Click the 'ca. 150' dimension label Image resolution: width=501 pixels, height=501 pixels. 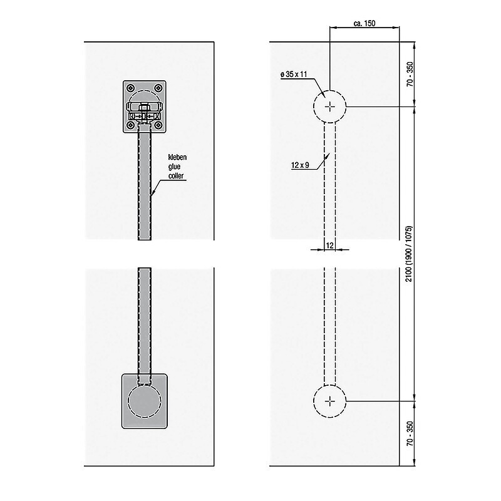pyautogui.click(x=364, y=23)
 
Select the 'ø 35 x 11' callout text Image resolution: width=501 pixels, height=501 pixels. pyautogui.click(x=294, y=75)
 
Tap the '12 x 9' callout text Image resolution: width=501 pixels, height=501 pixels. pyautogui.click(x=300, y=165)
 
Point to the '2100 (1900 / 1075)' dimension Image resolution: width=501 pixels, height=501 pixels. pyautogui.click(x=409, y=254)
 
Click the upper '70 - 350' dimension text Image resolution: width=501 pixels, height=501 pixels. pyautogui.click(x=410, y=74)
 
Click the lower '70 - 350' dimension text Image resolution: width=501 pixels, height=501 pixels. pyautogui.click(x=410, y=433)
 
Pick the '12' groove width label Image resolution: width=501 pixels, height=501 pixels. pyautogui.click(x=330, y=245)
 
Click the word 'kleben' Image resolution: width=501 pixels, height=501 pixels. pyautogui.click(x=177, y=157)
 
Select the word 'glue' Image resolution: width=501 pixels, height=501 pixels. pyautogui.click(x=175, y=167)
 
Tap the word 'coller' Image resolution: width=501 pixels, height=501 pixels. pyautogui.click(x=176, y=176)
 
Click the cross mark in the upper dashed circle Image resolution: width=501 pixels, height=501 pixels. pyautogui.click(x=330, y=106)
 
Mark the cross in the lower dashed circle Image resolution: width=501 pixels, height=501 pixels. pyautogui.click(x=330, y=401)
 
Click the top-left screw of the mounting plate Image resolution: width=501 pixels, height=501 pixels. pyautogui.click(x=131, y=88)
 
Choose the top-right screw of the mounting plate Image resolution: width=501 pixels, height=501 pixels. pyautogui.click(x=158, y=88)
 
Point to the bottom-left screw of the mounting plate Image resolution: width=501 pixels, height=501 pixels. pyautogui.click(x=131, y=125)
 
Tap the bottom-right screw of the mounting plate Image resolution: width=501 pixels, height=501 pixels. pyautogui.click(x=158, y=125)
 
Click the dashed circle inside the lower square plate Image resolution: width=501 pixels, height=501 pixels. pyautogui.click(x=145, y=401)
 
